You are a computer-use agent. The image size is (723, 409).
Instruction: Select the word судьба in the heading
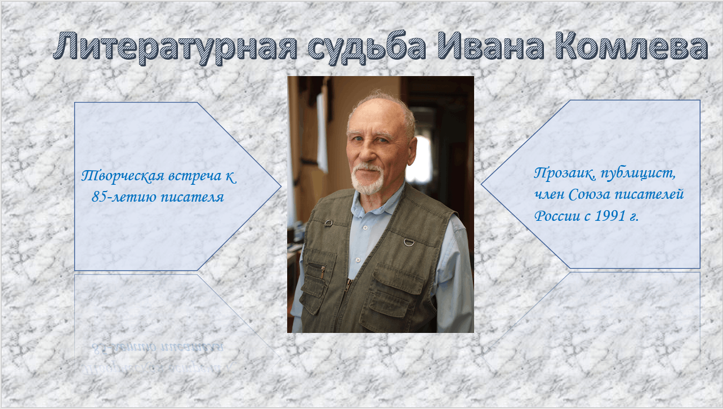click(x=367, y=48)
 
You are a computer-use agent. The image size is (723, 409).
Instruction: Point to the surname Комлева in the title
click(x=632, y=46)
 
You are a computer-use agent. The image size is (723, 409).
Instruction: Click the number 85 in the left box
click(x=99, y=197)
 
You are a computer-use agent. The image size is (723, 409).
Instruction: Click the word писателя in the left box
click(x=192, y=197)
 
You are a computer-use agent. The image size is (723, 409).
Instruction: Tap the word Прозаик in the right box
click(x=565, y=174)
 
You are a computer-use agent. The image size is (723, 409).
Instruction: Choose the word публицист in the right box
click(x=638, y=174)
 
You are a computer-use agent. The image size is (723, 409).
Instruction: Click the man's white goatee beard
click(x=367, y=180)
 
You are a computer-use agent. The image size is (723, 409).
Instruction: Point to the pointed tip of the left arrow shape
click(x=281, y=186)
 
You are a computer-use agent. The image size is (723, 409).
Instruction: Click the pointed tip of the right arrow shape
click(x=481, y=185)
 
